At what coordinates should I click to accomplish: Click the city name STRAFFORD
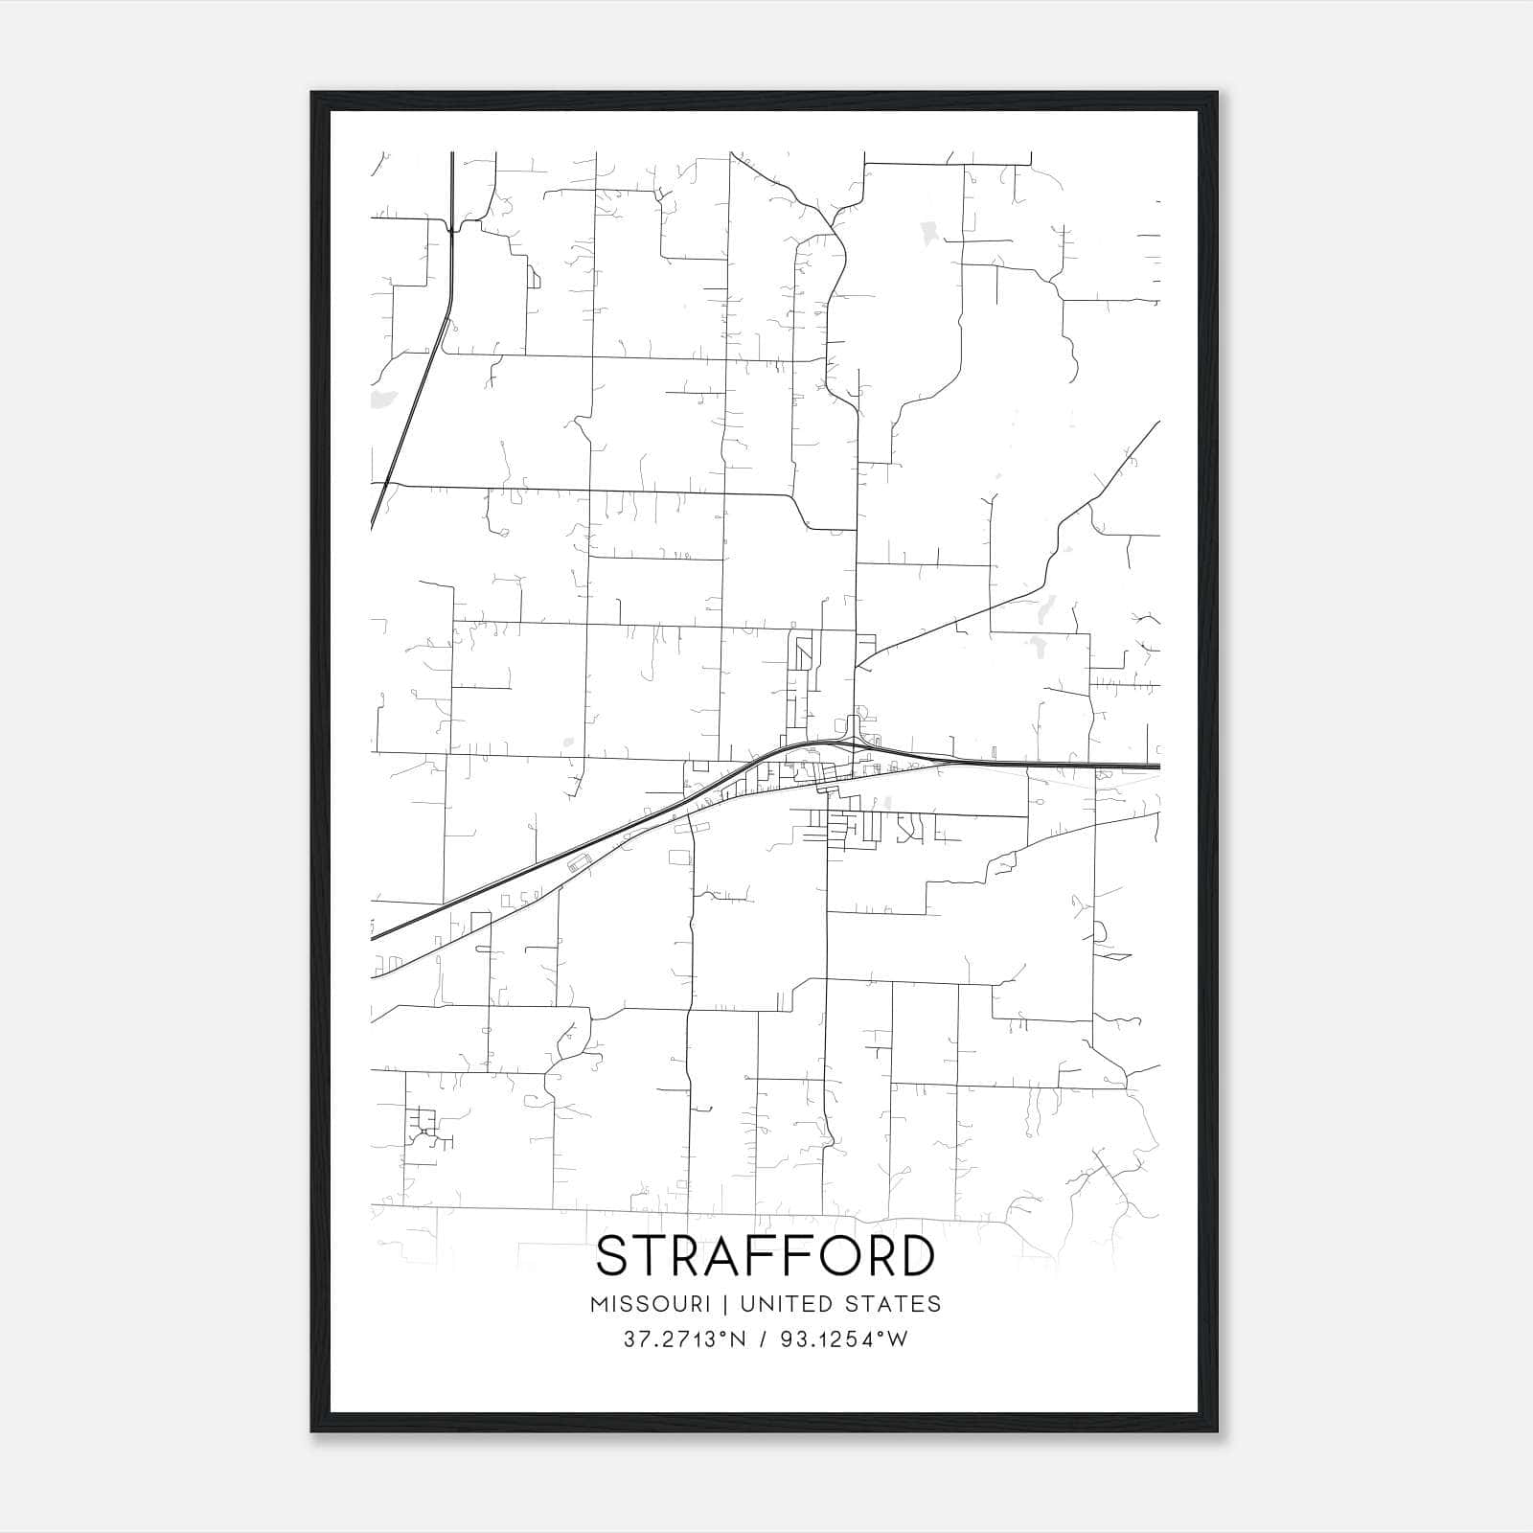pyautogui.click(x=765, y=1255)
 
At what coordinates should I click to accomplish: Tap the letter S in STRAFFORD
pyautogui.click(x=612, y=1255)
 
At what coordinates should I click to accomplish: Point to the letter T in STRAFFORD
pyautogui.click(x=652, y=1255)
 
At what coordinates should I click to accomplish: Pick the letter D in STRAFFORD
pyautogui.click(x=917, y=1255)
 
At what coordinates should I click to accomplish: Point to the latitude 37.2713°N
pyautogui.click(x=684, y=1339)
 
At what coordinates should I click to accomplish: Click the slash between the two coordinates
pyautogui.click(x=764, y=1339)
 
